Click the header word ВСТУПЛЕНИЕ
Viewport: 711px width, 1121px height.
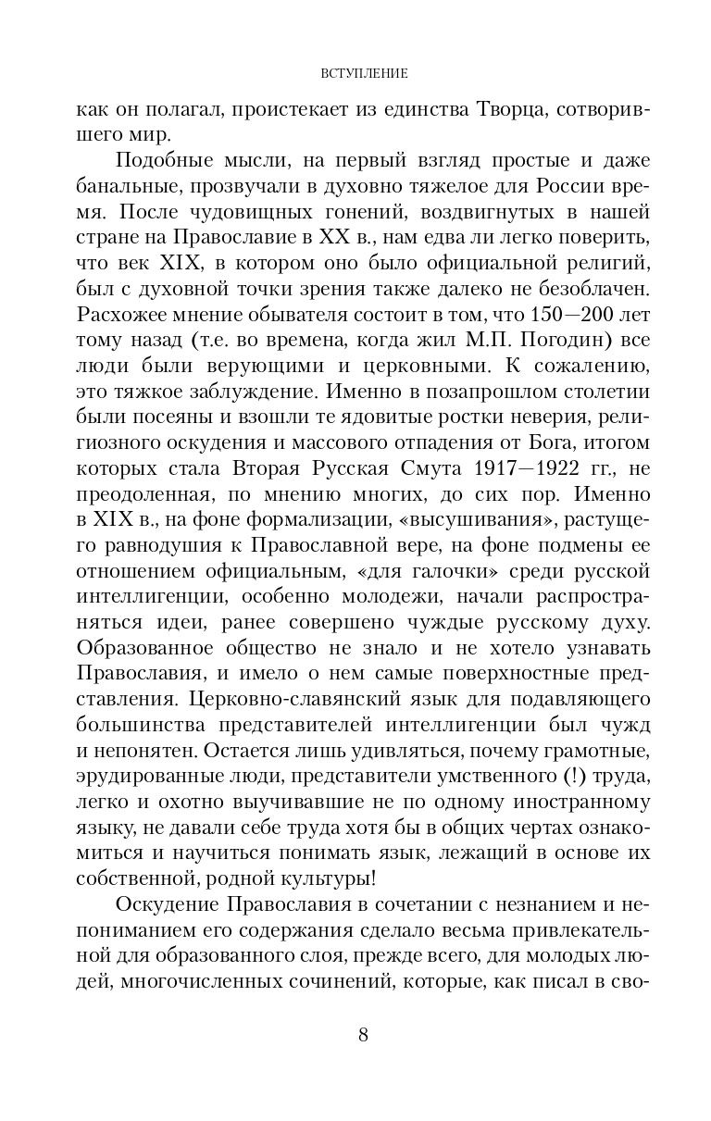(363, 71)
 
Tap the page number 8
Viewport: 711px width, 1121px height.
(363, 1035)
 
